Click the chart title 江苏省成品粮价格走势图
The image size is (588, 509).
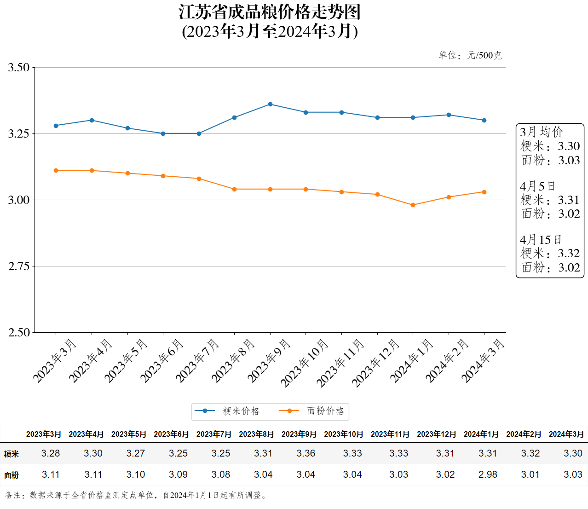[270, 12]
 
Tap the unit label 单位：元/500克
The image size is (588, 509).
[470, 56]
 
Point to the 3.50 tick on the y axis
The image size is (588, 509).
[19, 68]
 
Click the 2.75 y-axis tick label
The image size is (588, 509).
[19, 266]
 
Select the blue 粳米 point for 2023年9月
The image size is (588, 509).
[270, 104]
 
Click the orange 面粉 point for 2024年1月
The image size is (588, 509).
[413, 205]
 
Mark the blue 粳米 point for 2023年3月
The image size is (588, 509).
[56, 126]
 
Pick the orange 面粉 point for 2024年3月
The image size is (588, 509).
[484, 192]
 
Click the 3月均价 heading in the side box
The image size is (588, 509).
[542, 132]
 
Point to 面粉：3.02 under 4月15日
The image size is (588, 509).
[550, 267]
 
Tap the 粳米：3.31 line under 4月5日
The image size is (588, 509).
[550, 200]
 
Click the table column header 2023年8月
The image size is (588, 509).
[256, 434]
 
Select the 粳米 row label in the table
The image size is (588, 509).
[12, 454]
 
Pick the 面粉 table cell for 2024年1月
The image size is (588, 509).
[488, 474]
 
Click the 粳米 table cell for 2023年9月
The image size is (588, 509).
[306, 453]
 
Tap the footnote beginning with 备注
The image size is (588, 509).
[136, 495]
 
